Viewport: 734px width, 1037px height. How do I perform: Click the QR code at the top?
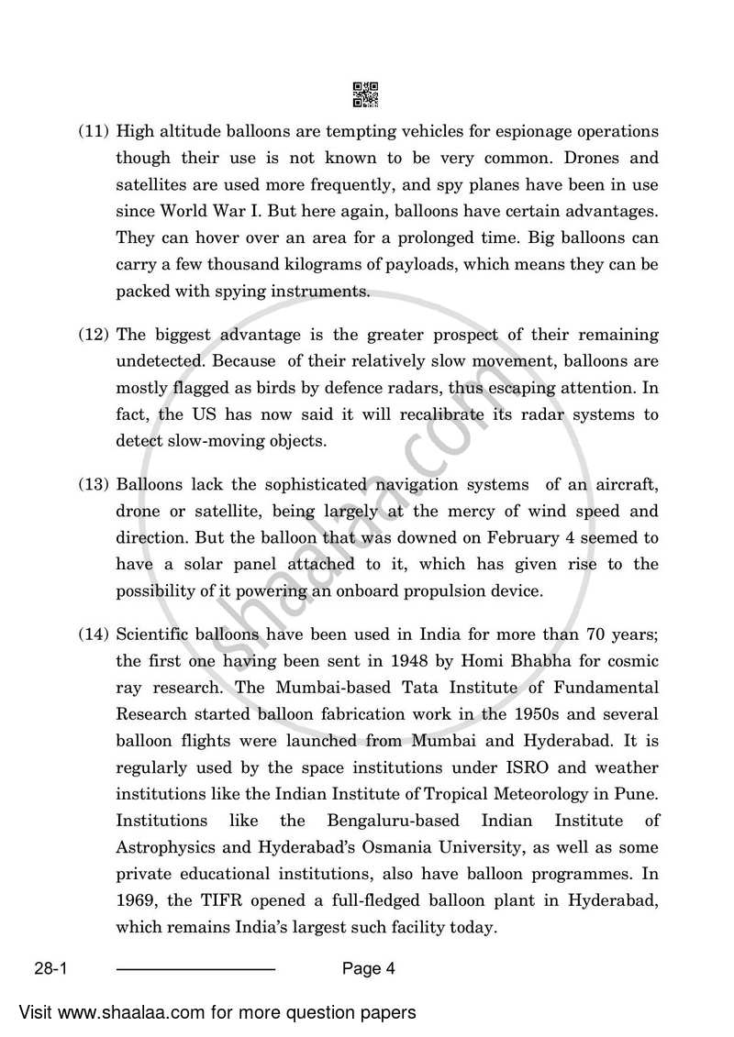(365, 94)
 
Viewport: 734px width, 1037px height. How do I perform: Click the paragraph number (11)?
(94, 132)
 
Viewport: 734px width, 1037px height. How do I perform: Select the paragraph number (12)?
(94, 335)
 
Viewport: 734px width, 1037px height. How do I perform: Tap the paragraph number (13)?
(94, 484)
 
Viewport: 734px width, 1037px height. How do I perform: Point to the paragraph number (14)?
(94, 634)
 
